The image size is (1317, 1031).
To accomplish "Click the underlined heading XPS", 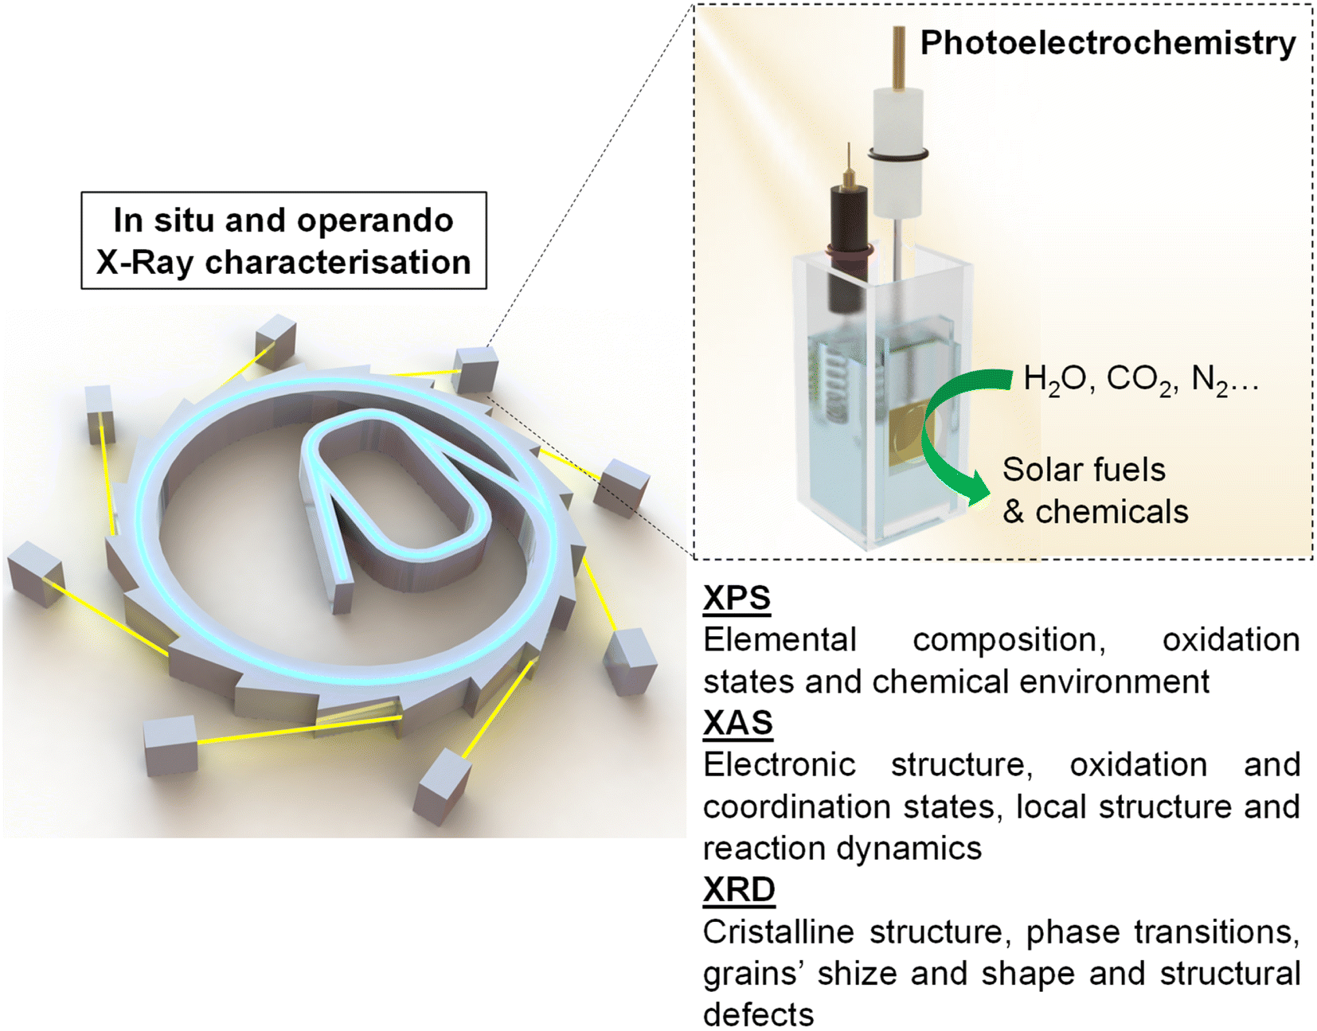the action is coord(737,599).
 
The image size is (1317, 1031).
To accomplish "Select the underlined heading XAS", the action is coord(737,723).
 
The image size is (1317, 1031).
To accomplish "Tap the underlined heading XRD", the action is coord(739,890).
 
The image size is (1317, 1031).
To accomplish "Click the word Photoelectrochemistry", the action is coord(1108,45).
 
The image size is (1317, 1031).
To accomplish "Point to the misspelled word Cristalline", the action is coord(778,932).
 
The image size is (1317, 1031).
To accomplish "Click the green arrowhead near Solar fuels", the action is coord(975,493).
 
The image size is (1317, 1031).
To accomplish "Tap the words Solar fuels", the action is coord(1084,470).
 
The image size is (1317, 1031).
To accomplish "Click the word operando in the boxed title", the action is coord(375,221).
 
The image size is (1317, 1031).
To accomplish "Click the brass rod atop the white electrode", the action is coord(900,57).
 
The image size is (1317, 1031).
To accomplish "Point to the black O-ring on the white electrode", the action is coord(898,155).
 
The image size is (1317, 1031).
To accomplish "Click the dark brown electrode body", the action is coord(847,242).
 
